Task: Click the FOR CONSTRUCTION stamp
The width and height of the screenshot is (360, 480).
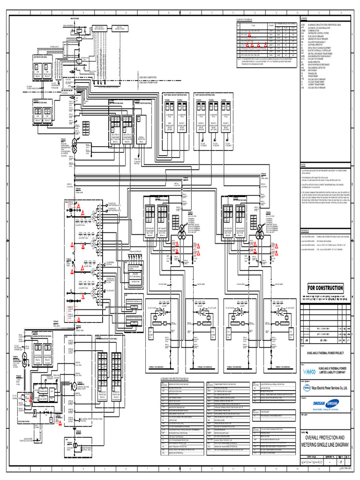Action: (325, 288)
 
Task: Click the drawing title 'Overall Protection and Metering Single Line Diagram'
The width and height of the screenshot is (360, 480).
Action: (325, 440)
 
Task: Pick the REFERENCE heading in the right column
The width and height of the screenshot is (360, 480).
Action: (305, 231)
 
